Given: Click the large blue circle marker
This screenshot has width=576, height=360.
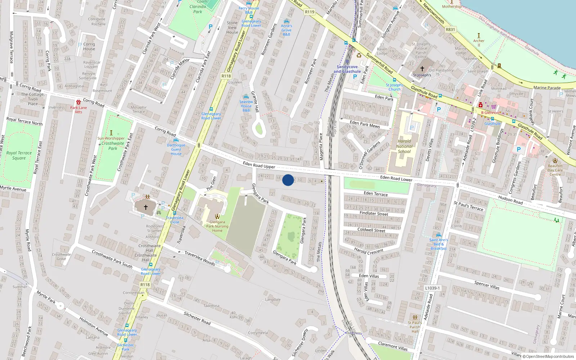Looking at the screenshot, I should click(288, 180).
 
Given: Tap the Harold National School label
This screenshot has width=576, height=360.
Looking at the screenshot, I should click(404, 146).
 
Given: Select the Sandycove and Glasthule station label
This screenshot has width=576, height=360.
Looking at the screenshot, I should click(347, 69).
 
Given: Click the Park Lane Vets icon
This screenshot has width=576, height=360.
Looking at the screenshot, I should click(78, 102).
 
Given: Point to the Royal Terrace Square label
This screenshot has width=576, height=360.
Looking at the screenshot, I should click(19, 155).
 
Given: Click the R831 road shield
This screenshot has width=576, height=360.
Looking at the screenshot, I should click(450, 30).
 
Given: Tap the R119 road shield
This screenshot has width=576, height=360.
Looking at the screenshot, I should click(310, 12).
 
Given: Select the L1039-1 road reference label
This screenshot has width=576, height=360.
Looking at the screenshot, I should click(432, 288).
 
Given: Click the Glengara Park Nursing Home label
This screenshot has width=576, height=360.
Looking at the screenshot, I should click(217, 226).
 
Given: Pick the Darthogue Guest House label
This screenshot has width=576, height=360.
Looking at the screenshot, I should click(176, 149).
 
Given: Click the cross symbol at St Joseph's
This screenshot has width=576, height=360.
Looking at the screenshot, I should click(422, 68).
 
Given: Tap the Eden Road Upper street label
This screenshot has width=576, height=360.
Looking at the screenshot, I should click(259, 165).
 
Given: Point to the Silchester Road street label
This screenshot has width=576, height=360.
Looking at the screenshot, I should click(197, 318).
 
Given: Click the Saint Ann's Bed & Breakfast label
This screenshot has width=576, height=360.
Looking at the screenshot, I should click(438, 244).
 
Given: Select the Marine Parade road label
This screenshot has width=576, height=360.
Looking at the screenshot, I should click(547, 88).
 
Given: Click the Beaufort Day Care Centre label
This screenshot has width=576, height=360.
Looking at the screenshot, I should click(555, 170).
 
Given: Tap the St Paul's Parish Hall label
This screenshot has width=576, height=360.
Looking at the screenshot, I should click(415, 327).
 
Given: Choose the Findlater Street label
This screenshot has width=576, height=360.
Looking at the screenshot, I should click(374, 213).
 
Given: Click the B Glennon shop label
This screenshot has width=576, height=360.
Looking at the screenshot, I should click(490, 113).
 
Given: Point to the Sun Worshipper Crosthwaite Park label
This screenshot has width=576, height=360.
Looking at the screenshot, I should click(111, 143).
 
